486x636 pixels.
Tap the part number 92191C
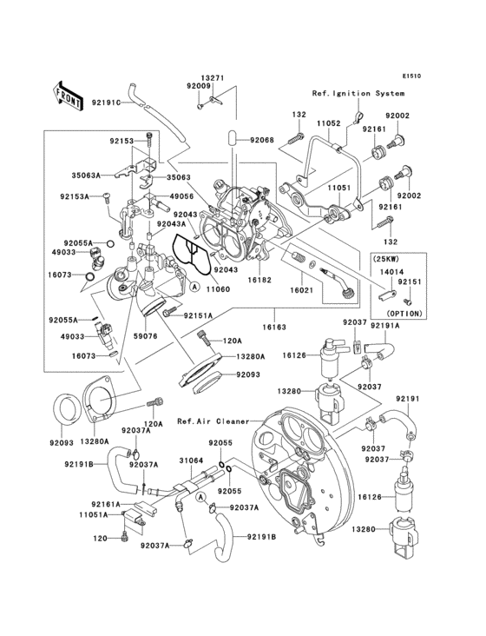tap(106, 103)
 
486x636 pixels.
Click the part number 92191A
tap(385, 325)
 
